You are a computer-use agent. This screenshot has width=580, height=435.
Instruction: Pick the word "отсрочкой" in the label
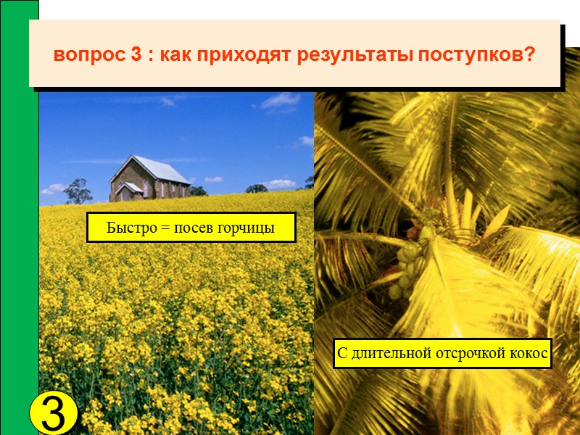[469, 355]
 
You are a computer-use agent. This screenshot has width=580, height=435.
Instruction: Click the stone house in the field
[149, 180]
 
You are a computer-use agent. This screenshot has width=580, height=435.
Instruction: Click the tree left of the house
[78, 191]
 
